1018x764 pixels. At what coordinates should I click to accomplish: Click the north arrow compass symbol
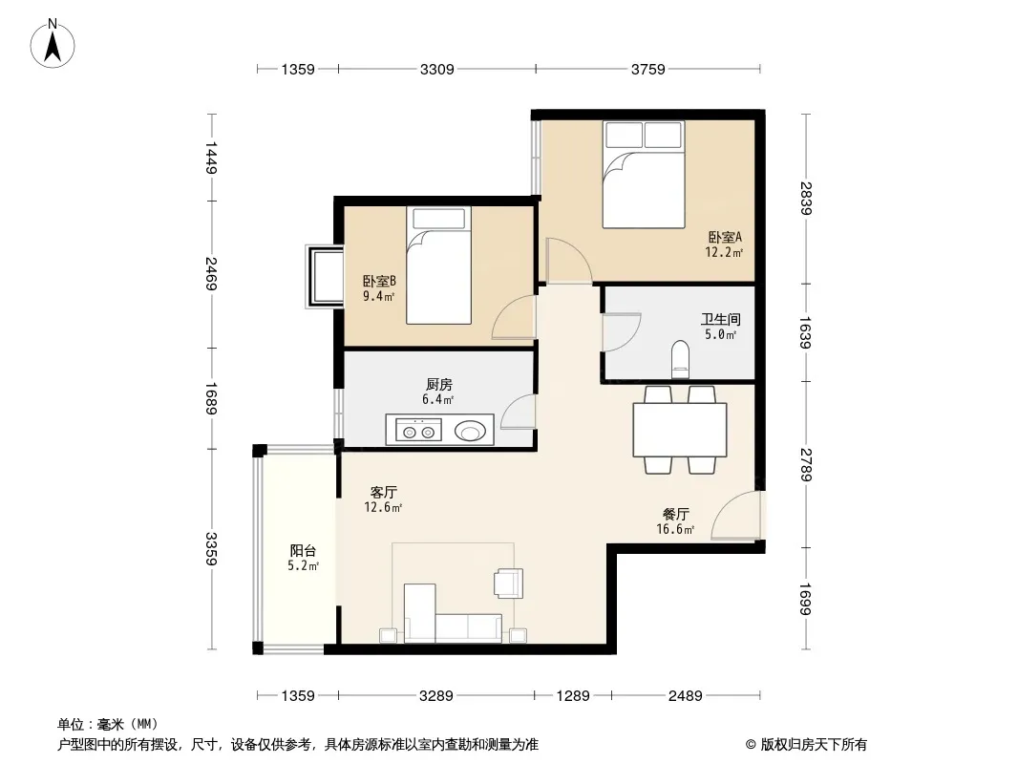coord(53,44)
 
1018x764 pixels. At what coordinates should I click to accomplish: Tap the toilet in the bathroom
coord(680,359)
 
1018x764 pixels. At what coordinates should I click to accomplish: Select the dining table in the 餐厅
coord(680,430)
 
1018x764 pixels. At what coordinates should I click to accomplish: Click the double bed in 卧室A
coord(644,174)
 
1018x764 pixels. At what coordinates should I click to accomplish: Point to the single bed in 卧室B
coord(439,265)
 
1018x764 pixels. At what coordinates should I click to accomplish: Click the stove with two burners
coord(419,431)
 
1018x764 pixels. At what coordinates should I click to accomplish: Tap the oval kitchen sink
coord(470,431)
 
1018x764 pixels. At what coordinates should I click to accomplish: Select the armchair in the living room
coord(508,583)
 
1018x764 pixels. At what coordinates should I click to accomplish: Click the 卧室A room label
coord(725,238)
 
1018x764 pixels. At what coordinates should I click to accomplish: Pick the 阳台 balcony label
coord(303,551)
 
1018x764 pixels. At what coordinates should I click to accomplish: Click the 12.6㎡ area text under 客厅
coord(383,508)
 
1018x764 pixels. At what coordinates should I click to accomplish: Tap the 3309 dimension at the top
coord(437,69)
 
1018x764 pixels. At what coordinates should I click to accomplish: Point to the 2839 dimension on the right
coord(806,199)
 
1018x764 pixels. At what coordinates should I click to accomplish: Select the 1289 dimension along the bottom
coord(573,696)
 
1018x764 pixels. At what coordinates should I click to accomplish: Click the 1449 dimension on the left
coord(211,158)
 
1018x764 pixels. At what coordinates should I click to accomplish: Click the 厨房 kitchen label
coord(439,385)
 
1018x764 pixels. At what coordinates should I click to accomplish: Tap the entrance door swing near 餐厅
coord(735,516)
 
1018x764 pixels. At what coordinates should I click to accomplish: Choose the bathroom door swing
coord(622,332)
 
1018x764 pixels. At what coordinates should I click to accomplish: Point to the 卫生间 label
coord(721,319)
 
